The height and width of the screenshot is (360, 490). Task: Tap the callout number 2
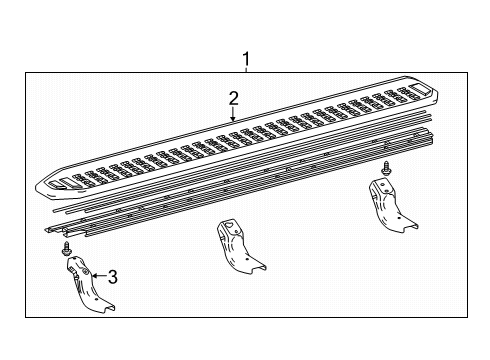(x=232, y=98)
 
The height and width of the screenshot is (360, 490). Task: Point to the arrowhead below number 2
(x=232, y=120)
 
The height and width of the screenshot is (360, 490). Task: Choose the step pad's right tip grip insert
(x=418, y=92)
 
